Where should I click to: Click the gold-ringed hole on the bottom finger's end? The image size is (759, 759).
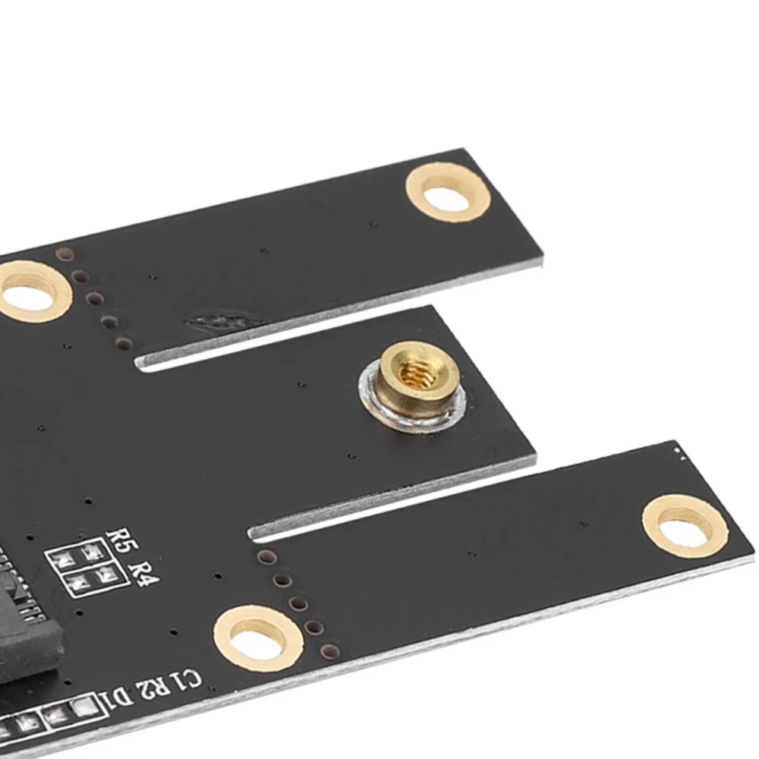tap(685, 528)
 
